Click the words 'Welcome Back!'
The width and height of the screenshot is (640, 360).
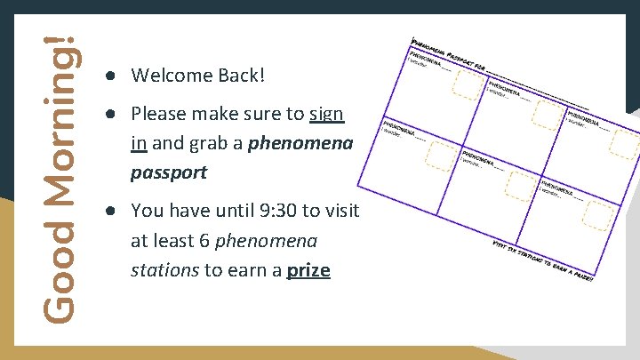[x=197, y=76]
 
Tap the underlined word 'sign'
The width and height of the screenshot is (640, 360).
[x=326, y=115]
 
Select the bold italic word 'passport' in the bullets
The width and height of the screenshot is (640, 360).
[x=169, y=172]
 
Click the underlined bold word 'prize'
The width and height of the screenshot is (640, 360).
[x=308, y=270]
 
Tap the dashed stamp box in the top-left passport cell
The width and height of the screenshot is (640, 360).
[x=468, y=83]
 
